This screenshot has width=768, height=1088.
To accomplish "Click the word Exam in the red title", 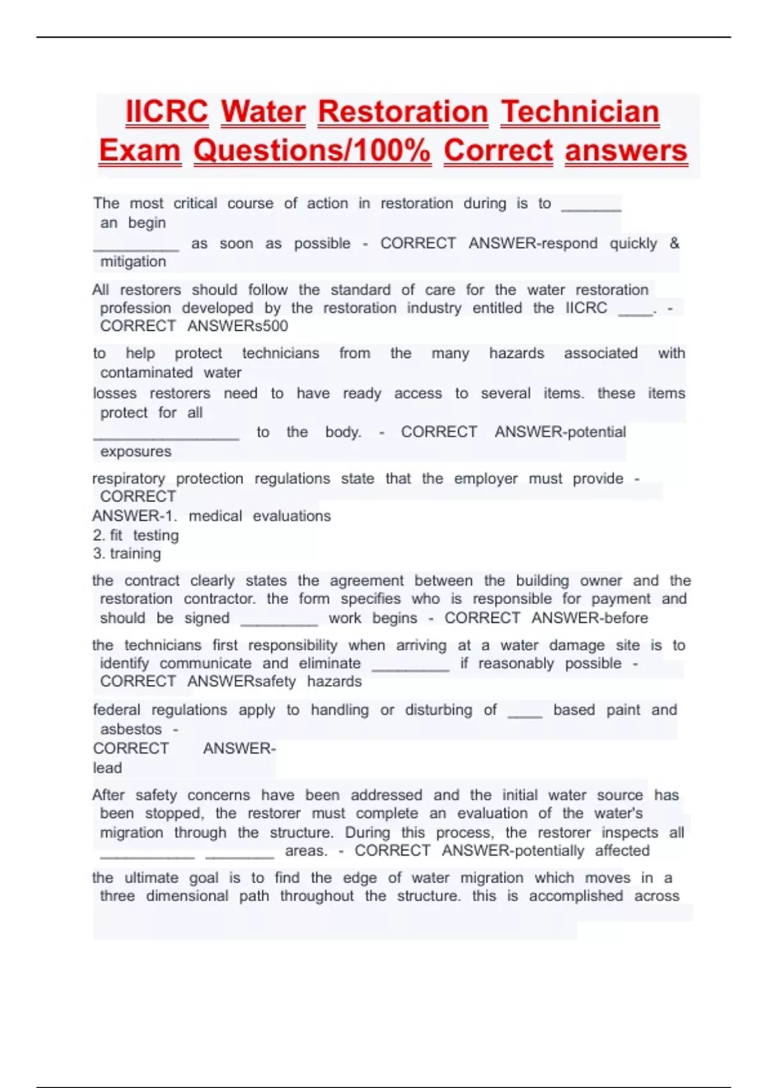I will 140,151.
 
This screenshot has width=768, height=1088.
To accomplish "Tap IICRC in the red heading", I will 167,112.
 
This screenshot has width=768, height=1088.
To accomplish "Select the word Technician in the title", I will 580,112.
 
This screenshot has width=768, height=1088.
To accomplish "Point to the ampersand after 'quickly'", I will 674,243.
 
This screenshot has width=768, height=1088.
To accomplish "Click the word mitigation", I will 133,262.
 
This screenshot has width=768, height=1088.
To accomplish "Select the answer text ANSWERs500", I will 237,326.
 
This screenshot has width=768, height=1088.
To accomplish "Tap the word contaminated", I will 147,372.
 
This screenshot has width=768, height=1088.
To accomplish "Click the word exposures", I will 136,452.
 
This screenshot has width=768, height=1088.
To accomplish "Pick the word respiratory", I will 129,479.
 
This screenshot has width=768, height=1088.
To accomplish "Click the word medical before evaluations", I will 215,516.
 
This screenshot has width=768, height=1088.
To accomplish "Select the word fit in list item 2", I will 116,535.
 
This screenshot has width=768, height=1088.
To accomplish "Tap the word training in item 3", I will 136,554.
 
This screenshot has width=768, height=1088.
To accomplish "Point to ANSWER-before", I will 589,618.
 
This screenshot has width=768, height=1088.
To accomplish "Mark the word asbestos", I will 131,729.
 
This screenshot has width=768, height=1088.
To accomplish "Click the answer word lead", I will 108,768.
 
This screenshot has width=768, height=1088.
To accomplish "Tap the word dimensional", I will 187,896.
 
